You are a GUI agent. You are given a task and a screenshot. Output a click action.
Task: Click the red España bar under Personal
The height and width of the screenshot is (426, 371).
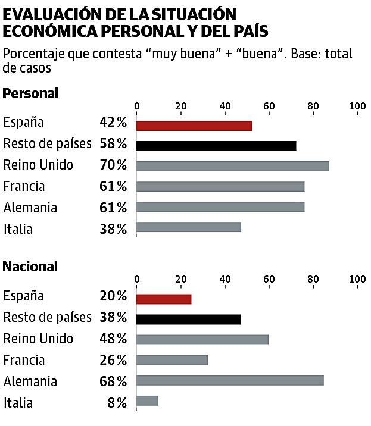194,126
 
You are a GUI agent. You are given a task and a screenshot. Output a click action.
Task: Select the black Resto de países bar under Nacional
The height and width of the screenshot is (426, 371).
189,319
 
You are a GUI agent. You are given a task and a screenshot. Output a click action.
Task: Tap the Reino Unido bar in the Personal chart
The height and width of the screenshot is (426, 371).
233,166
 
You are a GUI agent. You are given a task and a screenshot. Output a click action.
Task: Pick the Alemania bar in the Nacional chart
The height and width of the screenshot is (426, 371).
230,380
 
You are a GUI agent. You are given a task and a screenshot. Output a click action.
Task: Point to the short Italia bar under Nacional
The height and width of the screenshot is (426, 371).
148,401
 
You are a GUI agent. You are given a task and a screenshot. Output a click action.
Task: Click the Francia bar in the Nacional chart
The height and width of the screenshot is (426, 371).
172,360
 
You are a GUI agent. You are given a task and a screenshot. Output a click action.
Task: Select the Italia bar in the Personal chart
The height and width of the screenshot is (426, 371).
189,227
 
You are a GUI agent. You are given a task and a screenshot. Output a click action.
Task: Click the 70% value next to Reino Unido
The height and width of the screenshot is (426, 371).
113,165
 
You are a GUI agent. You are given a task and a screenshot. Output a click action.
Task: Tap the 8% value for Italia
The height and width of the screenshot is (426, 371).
118,403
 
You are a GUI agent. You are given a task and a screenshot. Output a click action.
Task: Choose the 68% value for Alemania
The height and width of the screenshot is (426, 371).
113,381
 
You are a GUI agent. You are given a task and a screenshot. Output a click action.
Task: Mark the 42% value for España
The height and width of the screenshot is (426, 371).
113,123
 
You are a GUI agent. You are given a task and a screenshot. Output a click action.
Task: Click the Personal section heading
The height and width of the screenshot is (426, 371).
30,93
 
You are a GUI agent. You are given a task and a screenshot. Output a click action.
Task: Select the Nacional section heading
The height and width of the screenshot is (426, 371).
30,267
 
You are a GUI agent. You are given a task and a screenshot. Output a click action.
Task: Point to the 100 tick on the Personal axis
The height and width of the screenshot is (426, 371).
357,106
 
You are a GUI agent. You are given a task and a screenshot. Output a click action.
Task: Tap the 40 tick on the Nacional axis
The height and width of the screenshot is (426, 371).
225,279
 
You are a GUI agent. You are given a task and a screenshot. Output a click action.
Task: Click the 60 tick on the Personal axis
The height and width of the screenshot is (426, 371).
269,106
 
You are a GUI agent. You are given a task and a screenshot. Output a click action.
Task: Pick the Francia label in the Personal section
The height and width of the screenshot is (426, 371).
24,187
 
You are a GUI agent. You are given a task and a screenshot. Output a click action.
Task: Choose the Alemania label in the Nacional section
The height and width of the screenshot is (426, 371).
30,381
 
